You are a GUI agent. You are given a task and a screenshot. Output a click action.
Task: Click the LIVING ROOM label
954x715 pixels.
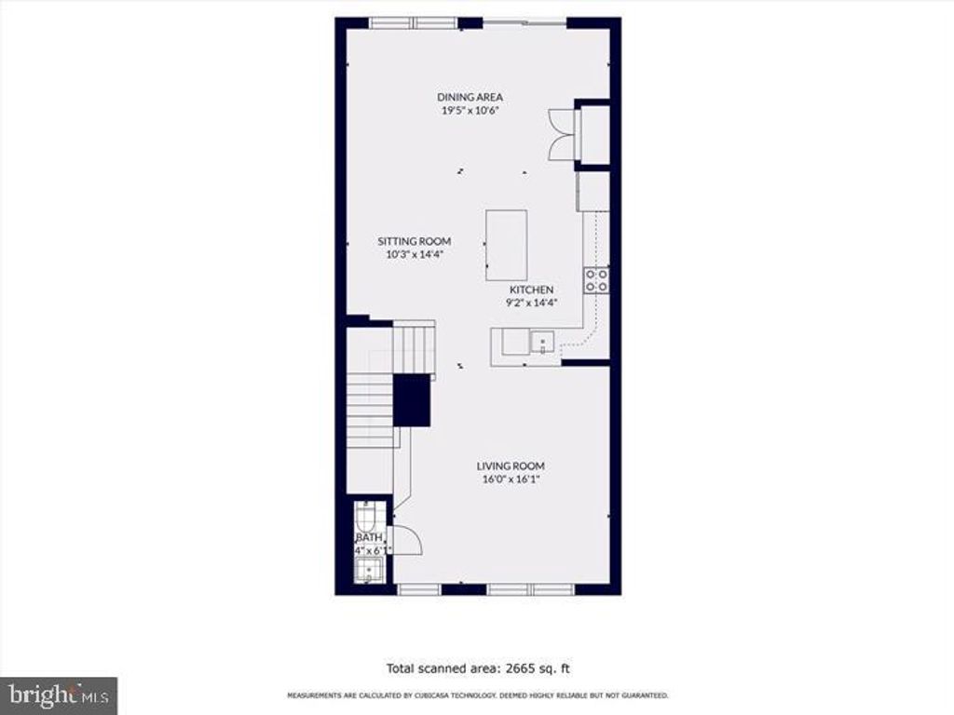pos(511,466)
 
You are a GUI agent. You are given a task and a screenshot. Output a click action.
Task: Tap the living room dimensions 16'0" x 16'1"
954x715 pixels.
pos(511,479)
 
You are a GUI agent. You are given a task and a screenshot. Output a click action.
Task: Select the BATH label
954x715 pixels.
pos(368,538)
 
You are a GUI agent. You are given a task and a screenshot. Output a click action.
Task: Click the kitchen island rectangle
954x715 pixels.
pos(506,245)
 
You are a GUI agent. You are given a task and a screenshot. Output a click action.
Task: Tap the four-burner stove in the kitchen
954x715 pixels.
pos(596,280)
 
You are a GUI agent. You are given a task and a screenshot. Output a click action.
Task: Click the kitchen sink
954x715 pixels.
pos(540,343)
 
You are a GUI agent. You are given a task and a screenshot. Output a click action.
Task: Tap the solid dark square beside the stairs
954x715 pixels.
pos(411,400)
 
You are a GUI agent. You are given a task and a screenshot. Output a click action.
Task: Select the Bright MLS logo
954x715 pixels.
pos(58,695)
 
